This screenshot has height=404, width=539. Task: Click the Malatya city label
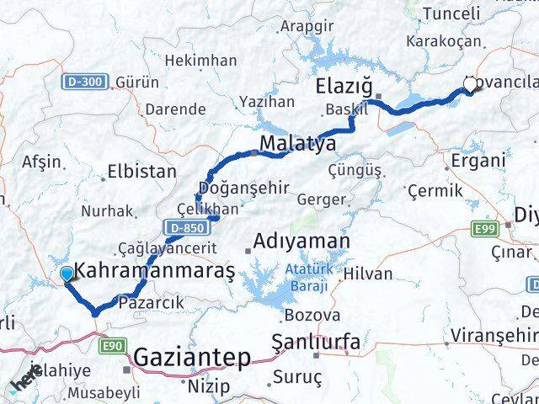tap(297, 144)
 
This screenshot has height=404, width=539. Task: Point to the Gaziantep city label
tap(193, 359)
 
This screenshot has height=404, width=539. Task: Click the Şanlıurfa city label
tap(317, 342)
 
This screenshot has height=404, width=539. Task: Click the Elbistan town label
tap(141, 172)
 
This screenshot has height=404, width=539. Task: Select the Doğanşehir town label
tap(232, 187)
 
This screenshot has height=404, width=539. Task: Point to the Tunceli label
tap(451, 13)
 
